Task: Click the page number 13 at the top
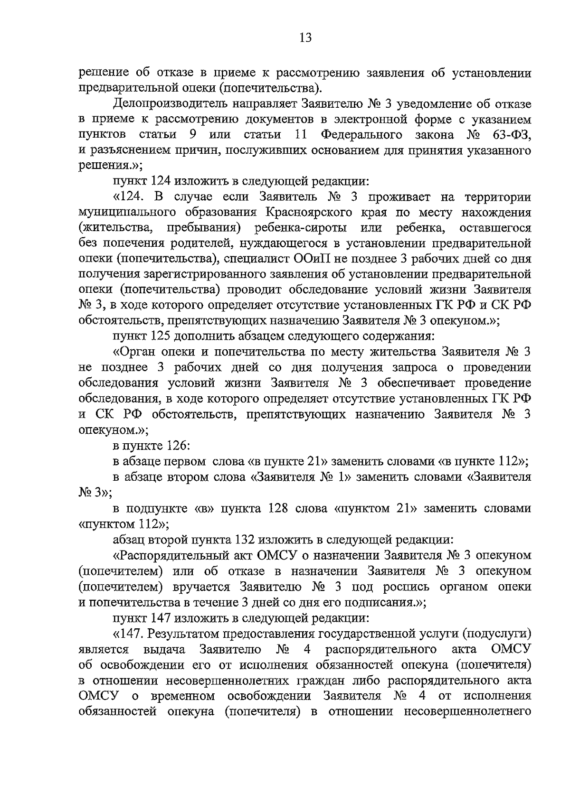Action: pyautogui.click(x=305, y=38)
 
